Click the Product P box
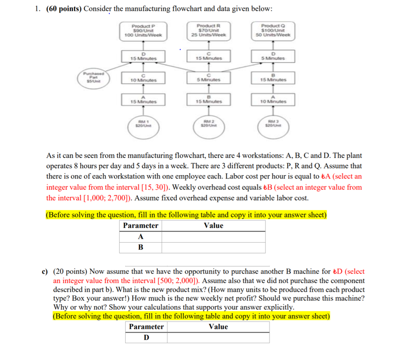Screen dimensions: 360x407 [x=143, y=31]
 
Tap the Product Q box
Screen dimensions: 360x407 [x=273, y=31]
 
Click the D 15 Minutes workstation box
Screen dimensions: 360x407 [x=143, y=56]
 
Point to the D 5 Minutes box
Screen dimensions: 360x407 [x=273, y=56]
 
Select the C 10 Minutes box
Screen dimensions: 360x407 [x=143, y=77]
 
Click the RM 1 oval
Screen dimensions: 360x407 [x=143, y=124]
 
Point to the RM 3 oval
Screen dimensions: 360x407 [x=273, y=124]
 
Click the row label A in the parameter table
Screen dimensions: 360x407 [x=141, y=236]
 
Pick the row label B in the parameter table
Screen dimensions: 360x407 [x=141, y=247]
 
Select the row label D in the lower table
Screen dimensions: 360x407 [x=146, y=338]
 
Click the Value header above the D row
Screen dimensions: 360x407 [x=218, y=326]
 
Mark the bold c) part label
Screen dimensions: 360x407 [x=44, y=271]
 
